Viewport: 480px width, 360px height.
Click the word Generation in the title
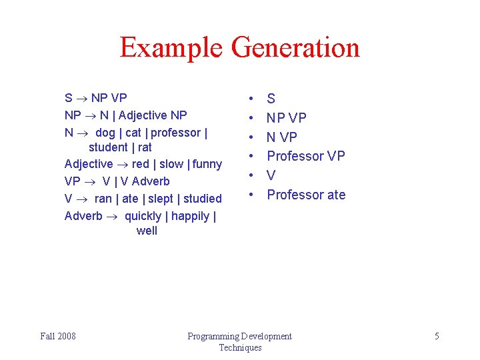(x=295, y=48)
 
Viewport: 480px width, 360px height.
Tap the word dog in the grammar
(x=105, y=133)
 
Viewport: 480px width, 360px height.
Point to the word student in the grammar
(x=108, y=147)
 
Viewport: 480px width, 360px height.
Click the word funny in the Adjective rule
(x=207, y=164)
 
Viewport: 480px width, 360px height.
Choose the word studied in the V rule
(x=202, y=199)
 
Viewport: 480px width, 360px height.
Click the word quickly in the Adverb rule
(x=144, y=216)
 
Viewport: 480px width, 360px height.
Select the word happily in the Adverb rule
(x=191, y=216)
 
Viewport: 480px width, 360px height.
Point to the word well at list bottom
(x=147, y=231)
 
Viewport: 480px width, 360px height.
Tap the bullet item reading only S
(x=271, y=99)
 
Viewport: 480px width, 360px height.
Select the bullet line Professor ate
(x=306, y=195)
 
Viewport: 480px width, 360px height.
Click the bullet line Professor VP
(x=306, y=156)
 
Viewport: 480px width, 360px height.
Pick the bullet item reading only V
(x=271, y=175)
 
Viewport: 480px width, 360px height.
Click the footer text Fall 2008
(x=58, y=336)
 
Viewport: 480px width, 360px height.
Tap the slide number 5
(x=437, y=336)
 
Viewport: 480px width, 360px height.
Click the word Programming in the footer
(x=213, y=336)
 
